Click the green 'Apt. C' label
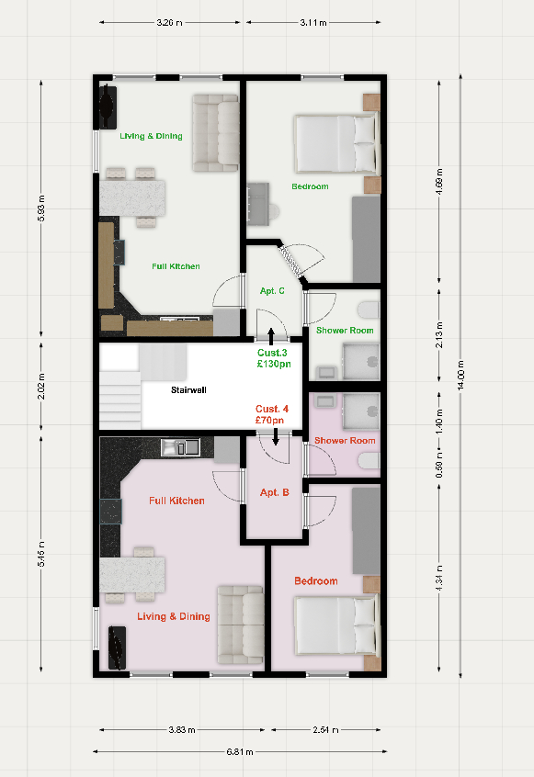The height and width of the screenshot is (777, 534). [272, 291]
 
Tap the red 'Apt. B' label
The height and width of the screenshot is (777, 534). [274, 492]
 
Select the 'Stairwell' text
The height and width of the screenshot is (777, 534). [188, 390]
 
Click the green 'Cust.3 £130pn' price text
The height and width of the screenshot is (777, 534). [274, 358]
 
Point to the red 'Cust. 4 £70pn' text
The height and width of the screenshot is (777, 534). [271, 415]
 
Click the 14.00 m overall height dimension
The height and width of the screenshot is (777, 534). [460, 375]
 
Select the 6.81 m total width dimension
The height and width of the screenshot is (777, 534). [240, 751]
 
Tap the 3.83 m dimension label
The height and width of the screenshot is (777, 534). [182, 730]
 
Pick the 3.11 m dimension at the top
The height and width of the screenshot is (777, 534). [313, 22]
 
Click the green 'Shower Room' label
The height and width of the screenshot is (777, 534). [345, 331]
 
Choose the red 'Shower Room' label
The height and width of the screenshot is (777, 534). [345, 441]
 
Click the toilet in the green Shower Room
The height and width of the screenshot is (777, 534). [369, 310]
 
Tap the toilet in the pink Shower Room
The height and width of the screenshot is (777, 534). [369, 461]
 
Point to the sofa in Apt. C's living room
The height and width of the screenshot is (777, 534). [216, 133]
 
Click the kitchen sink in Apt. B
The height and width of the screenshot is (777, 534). [180, 447]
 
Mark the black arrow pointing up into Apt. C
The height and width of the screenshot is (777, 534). [271, 336]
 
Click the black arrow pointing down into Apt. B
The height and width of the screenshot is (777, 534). [276, 436]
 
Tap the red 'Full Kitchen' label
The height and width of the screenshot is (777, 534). [176, 501]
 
